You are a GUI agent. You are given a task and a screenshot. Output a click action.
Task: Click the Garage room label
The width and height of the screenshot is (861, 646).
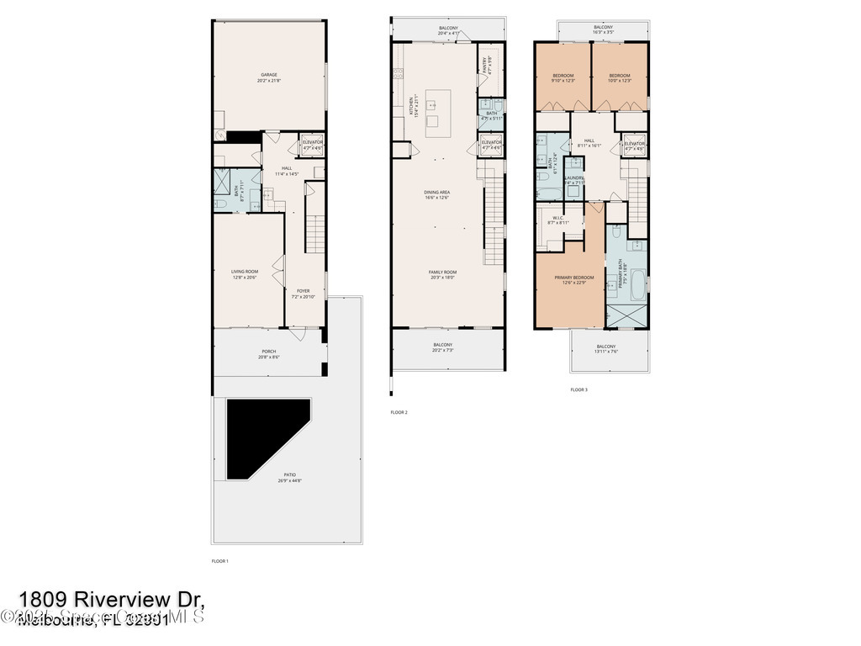[x=268, y=77]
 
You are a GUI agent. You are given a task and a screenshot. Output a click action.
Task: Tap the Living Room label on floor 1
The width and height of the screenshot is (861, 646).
[x=245, y=274]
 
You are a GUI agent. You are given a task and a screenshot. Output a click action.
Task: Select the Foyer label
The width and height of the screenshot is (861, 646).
[x=303, y=294]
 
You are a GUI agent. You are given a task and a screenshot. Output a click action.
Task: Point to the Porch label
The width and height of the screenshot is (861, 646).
[x=268, y=354]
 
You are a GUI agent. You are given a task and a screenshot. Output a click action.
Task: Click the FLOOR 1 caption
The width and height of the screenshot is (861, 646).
[x=219, y=561]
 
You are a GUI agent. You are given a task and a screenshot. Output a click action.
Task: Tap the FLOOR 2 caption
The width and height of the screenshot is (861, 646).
[x=399, y=412]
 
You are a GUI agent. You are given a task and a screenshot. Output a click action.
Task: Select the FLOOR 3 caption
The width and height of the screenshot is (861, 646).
[x=578, y=389]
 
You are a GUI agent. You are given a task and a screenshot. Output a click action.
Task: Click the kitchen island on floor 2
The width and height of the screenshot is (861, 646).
[x=438, y=113]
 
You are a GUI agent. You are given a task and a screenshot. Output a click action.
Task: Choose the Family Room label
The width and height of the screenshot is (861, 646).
[x=442, y=274]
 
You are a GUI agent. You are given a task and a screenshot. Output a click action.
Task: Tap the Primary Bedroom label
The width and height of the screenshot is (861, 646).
[x=573, y=280]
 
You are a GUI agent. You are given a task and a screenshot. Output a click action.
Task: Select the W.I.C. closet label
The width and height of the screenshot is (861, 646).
[x=557, y=220]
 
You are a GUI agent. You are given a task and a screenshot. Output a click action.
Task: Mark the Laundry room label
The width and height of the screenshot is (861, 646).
[x=574, y=180]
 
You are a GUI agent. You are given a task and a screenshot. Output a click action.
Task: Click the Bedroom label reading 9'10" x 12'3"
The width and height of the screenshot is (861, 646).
[x=563, y=78]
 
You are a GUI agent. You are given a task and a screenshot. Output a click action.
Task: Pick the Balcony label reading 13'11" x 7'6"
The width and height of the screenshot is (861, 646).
[x=605, y=349]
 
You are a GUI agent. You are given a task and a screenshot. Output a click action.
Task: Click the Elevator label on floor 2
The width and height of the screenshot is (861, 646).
[x=492, y=145]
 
